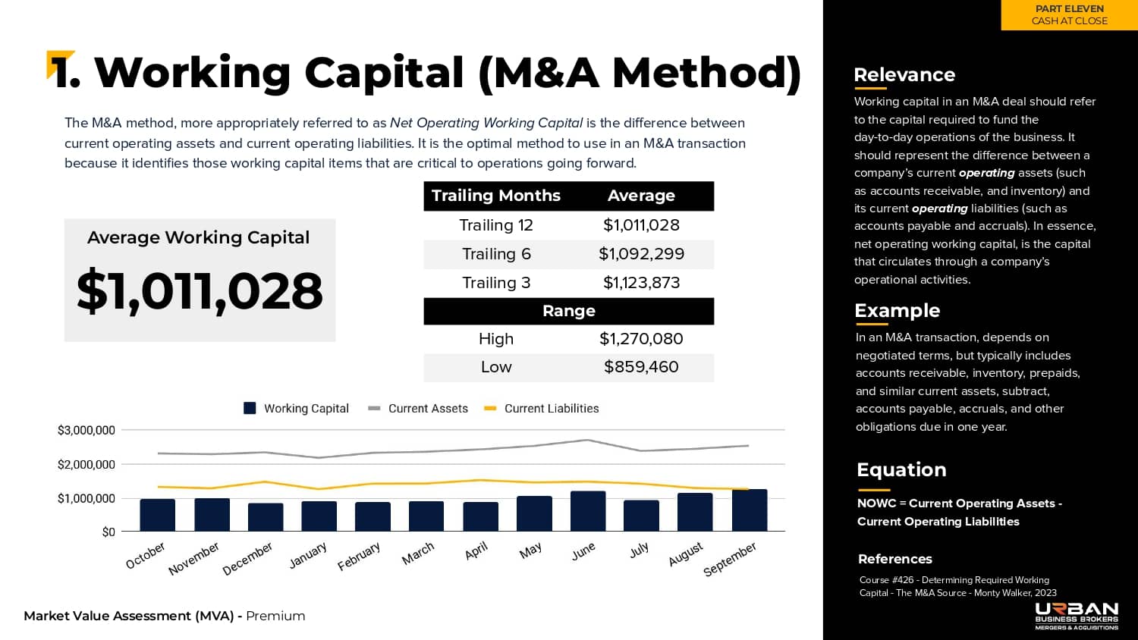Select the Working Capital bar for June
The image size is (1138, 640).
tap(588, 511)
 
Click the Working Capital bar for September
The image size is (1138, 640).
tap(749, 510)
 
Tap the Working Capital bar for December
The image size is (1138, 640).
tap(266, 517)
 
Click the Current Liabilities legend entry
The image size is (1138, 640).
tap(542, 409)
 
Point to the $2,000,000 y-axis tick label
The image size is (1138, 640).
tap(86, 464)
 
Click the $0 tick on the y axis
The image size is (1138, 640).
tap(108, 532)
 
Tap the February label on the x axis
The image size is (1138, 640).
tap(359, 557)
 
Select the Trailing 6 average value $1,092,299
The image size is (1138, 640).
tap(641, 254)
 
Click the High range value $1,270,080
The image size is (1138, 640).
tap(641, 339)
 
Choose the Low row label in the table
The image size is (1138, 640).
tap(496, 367)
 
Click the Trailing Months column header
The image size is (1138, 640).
tap(496, 196)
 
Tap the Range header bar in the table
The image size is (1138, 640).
tap(568, 311)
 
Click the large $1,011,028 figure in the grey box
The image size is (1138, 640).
tap(200, 290)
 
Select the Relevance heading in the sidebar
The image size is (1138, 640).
tap(904, 75)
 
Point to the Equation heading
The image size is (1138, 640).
tap(901, 470)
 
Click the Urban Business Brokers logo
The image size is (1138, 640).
tap(1077, 616)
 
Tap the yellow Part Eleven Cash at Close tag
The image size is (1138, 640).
tap(1069, 15)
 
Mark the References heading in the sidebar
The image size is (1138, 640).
tap(895, 559)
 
